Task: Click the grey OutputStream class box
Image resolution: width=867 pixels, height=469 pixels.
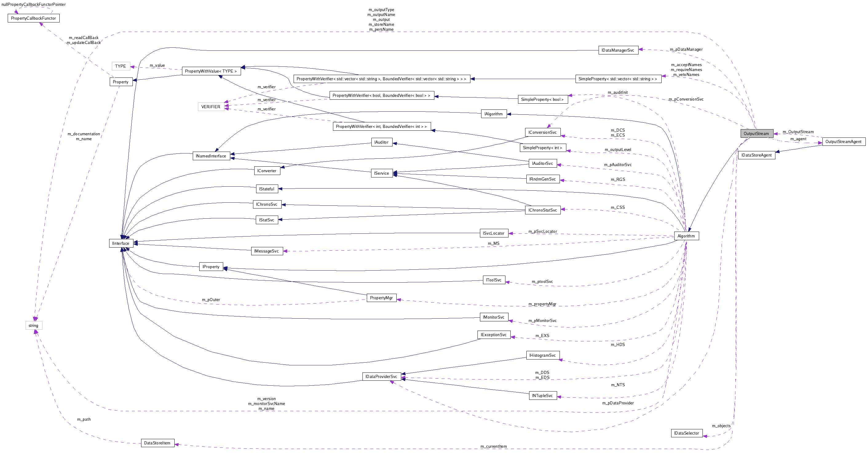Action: click(756, 134)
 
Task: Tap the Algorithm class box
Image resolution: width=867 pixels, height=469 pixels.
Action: click(686, 236)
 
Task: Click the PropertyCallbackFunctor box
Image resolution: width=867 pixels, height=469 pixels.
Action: click(33, 18)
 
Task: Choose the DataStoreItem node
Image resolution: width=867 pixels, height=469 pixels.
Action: click(157, 443)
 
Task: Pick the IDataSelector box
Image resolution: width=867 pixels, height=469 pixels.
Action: click(686, 433)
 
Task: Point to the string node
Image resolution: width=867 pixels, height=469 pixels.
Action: click(33, 326)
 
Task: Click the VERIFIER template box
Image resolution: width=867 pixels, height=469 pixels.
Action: click(211, 107)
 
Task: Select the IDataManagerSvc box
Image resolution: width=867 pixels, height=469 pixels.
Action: click(618, 50)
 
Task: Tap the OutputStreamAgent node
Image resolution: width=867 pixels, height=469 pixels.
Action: click(843, 142)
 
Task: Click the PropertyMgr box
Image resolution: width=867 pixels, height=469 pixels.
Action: click(381, 298)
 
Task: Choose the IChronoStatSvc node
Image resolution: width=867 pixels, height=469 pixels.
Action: click(543, 210)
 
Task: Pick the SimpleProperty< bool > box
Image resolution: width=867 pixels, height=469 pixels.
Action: click(542, 99)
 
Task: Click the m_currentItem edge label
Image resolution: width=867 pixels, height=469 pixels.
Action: click(493, 447)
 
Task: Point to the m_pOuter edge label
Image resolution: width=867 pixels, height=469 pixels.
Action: click(211, 300)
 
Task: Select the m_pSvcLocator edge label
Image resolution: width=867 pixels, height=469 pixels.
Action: click(542, 231)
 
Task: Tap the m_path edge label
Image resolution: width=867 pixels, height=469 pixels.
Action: click(84, 419)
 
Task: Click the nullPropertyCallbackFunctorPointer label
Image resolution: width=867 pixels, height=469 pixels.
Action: click(33, 4)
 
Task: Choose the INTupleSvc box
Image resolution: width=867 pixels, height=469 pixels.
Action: click(542, 395)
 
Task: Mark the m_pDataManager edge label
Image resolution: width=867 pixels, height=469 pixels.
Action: click(686, 50)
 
